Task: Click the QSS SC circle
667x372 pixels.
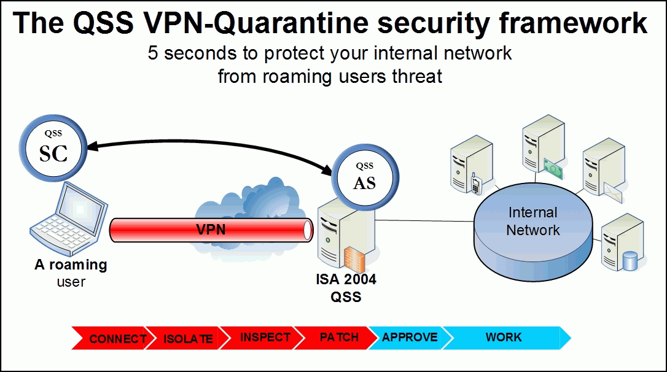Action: click(53, 148)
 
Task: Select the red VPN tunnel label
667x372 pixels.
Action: click(211, 230)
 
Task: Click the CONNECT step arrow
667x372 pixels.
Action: click(111, 338)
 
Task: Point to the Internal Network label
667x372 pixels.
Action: click(533, 221)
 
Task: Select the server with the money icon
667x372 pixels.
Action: click(543, 147)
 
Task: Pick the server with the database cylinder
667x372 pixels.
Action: click(622, 242)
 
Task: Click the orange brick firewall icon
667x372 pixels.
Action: click(354, 259)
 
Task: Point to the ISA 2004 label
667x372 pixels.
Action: click(346, 279)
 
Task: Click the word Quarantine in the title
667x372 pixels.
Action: click(291, 23)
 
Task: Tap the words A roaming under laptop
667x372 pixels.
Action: click(71, 265)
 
